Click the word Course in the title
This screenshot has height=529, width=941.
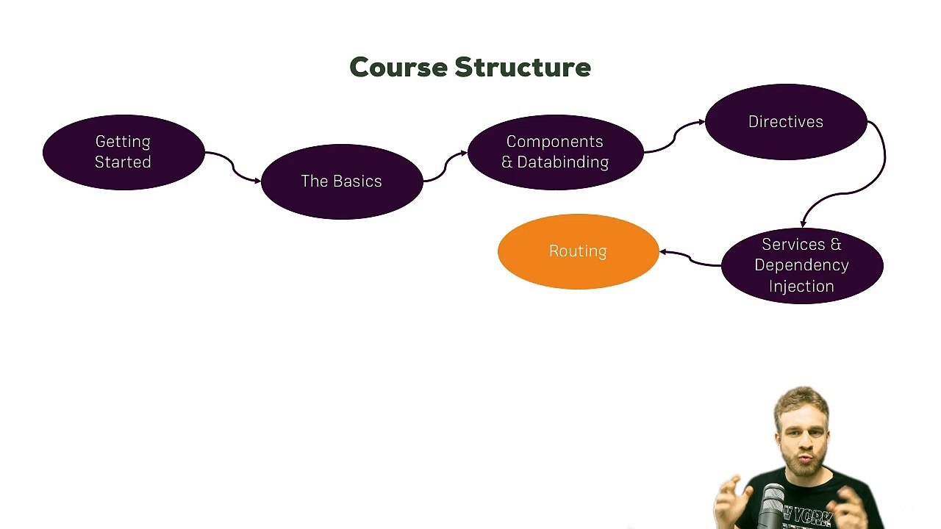click(398, 67)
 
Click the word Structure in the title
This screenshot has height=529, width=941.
click(523, 67)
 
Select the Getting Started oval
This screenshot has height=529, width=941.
click(124, 152)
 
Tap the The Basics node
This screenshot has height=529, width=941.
click(342, 181)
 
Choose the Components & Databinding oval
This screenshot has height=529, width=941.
click(555, 152)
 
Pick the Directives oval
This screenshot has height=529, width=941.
click(786, 122)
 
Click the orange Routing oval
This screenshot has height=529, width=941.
click(578, 251)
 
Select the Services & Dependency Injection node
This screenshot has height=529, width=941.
click(802, 266)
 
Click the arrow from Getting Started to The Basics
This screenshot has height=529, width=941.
click(233, 167)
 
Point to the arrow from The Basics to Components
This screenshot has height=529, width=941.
click(446, 167)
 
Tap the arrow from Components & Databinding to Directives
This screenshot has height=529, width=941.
click(674, 137)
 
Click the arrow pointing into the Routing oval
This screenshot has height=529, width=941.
click(690, 258)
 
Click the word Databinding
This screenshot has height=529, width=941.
click(562, 162)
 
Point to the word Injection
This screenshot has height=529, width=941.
click(801, 287)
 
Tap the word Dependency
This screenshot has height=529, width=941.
click(801, 265)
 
